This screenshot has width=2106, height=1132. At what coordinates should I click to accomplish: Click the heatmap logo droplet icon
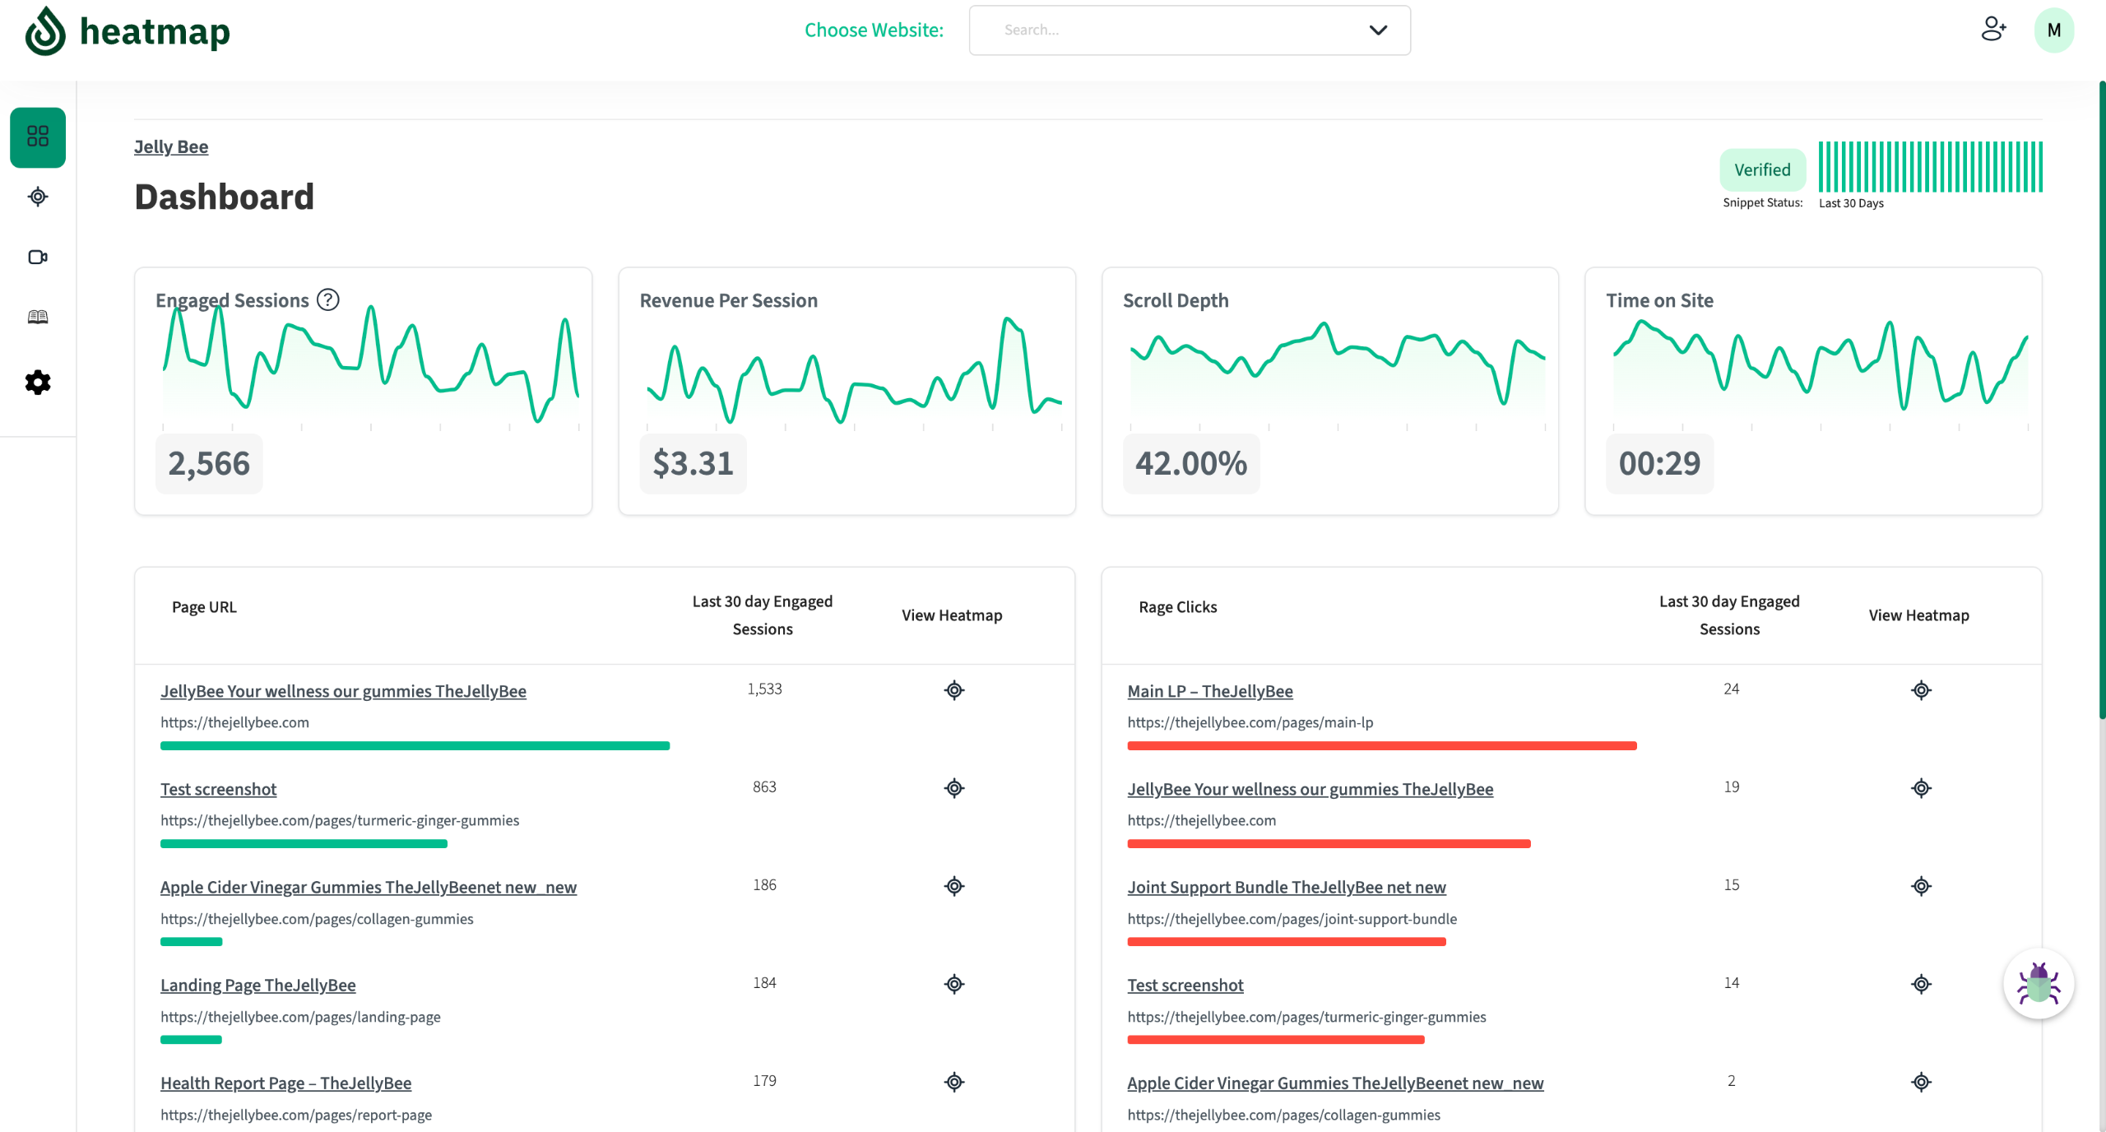(x=45, y=31)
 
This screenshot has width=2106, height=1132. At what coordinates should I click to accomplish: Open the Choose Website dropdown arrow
(x=1378, y=30)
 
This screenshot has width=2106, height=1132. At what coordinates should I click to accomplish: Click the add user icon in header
(x=1993, y=30)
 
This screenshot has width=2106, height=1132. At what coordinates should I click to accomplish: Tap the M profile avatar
(x=2054, y=30)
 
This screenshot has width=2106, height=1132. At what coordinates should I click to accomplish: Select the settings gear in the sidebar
(x=38, y=382)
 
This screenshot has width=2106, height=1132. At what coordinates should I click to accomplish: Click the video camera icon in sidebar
(x=38, y=257)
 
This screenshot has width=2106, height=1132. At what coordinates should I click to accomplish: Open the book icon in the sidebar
(x=38, y=318)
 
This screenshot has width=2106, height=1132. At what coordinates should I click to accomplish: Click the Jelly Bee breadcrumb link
(x=171, y=146)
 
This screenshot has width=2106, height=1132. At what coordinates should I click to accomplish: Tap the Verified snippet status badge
(x=1762, y=169)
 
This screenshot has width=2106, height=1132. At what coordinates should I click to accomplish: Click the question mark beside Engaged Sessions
(x=328, y=299)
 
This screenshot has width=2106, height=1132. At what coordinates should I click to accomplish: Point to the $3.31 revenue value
(x=693, y=463)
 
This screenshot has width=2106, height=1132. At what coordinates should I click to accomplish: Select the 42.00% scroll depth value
(x=1191, y=463)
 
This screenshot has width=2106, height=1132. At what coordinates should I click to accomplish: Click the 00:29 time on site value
(x=1659, y=463)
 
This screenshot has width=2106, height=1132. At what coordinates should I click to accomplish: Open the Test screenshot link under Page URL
(x=218, y=789)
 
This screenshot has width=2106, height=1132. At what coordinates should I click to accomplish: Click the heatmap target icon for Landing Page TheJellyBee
(x=954, y=984)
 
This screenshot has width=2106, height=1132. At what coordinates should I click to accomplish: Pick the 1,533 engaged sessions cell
(x=764, y=689)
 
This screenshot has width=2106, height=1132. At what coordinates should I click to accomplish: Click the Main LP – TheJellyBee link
(x=1210, y=691)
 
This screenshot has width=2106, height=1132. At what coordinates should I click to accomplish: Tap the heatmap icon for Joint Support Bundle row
(x=1921, y=886)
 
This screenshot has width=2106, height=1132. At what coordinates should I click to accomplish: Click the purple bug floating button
(x=2039, y=983)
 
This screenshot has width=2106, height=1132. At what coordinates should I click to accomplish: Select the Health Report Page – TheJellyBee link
(x=285, y=1083)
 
